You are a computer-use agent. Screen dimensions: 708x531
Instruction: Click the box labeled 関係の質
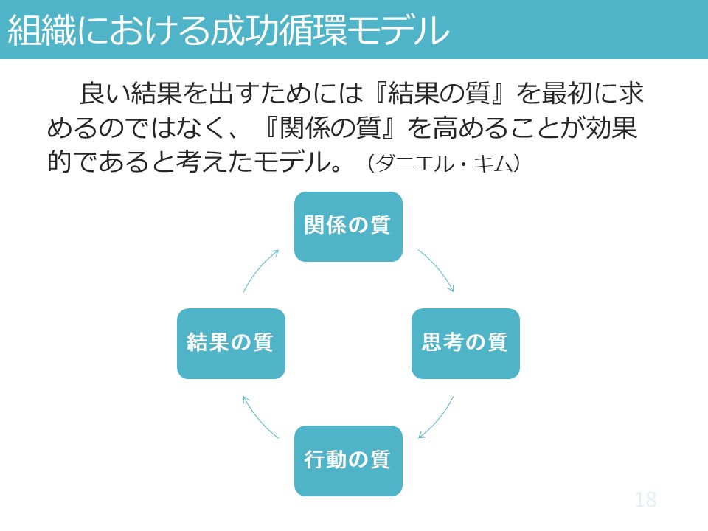[348, 226]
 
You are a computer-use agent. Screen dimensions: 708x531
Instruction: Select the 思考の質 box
[465, 344]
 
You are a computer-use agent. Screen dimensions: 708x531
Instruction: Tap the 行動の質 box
[348, 461]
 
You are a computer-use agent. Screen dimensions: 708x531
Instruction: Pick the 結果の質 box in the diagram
[231, 344]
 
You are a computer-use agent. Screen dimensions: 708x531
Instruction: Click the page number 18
[645, 500]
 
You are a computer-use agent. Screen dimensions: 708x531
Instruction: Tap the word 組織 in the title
[42, 30]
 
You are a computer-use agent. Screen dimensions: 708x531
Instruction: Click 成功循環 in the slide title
[278, 30]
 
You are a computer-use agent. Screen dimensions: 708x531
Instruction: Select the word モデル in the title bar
[398, 30]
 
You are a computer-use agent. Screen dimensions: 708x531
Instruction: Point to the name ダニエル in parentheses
[415, 164]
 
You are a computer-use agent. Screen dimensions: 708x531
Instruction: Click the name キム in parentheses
[493, 164]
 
